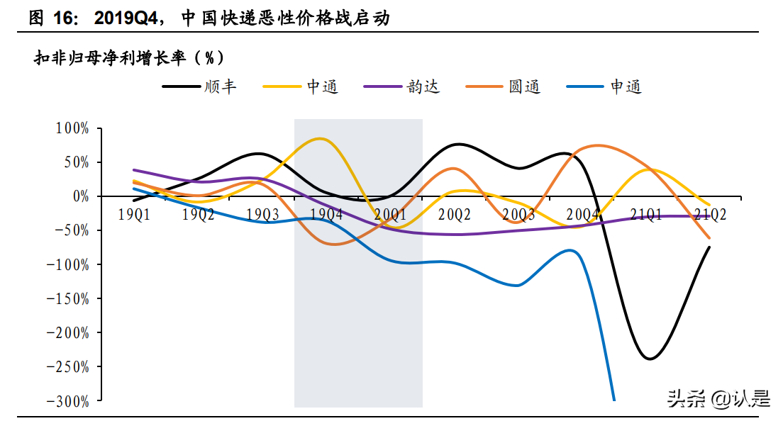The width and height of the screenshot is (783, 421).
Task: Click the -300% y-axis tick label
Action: (69, 400)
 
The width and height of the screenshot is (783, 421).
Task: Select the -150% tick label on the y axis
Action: (69, 298)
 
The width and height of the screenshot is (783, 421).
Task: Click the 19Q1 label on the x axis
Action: (133, 214)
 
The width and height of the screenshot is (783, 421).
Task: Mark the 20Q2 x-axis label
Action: (455, 214)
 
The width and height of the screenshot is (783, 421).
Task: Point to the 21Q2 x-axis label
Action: (711, 214)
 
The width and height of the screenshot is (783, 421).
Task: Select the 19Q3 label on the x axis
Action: (262, 214)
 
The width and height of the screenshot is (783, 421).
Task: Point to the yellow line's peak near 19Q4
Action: (321, 138)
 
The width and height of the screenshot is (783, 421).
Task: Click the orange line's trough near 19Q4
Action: (332, 245)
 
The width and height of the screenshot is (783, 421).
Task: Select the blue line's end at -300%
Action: (613, 399)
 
